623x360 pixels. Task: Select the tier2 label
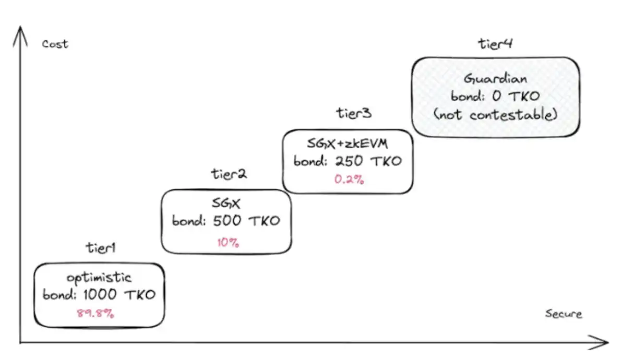[229, 174]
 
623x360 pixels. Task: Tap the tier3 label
[353, 113]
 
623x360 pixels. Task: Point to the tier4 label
[495, 44]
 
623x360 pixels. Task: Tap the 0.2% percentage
[349, 179]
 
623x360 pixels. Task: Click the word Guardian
[495, 80]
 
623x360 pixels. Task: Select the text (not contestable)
[495, 115]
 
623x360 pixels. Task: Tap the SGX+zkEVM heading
[348, 144]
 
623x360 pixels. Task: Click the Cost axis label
[55, 44]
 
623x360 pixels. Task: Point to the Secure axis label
[563, 314]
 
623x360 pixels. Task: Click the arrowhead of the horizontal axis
[604, 343]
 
